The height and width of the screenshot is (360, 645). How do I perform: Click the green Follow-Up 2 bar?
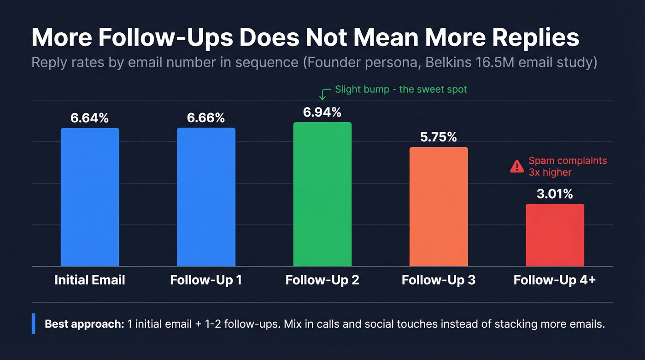coord(322,194)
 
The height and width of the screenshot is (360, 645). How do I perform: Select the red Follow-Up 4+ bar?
coord(555,235)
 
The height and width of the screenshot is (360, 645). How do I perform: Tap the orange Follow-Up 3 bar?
coord(438,207)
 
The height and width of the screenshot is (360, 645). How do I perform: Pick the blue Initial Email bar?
coord(90,197)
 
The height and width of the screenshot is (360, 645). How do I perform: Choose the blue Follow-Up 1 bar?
coord(206,197)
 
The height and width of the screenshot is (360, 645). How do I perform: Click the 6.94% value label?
coord(322,112)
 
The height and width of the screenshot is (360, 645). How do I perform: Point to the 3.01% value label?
coord(555,194)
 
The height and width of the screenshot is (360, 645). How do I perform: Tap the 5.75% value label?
coord(438,137)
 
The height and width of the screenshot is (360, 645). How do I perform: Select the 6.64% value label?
coord(90,118)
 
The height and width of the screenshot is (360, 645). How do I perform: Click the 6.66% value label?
coord(206,118)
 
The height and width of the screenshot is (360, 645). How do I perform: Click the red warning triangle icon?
coord(517,166)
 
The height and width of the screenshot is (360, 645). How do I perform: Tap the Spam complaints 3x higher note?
coord(568,166)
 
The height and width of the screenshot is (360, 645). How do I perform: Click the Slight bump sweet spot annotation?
coord(401,89)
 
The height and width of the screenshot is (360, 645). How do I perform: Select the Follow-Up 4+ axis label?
coord(555,280)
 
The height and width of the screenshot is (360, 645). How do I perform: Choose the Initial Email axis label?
coord(90,280)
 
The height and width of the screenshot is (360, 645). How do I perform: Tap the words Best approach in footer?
coord(84,324)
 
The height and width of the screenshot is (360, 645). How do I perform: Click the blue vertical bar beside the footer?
coord(33,324)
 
